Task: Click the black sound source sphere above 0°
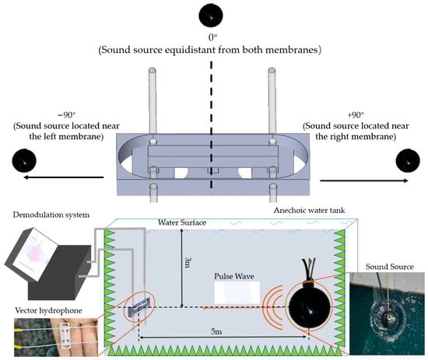coord(211,15)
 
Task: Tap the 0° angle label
coord(213,37)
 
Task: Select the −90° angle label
coord(66,115)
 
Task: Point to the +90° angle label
coord(356,115)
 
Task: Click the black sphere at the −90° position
coord(24,160)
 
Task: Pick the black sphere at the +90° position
coord(408,160)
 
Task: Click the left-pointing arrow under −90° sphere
coord(64,177)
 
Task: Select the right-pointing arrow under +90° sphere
coord(364,180)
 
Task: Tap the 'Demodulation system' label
coord(51,215)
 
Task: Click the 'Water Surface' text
coord(182,222)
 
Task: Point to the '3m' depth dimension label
coord(188,262)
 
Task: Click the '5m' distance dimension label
coord(216,331)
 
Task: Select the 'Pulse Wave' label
coord(234,276)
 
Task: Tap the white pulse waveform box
coord(237,292)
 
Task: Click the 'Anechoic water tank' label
coord(309,210)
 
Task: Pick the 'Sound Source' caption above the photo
coord(390,267)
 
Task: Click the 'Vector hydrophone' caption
coord(48,310)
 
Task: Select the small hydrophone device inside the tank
coord(139,307)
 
